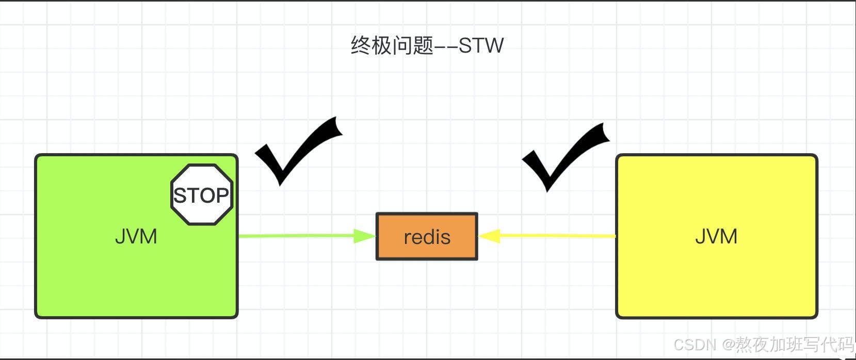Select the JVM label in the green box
coord(136,236)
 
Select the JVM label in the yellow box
coord(716,236)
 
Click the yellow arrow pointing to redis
coord(557,236)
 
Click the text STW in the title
coord(481,45)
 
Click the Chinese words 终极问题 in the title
coord(392,45)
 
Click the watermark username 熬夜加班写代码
coord(795,345)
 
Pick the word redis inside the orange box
coord(427,237)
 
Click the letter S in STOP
coord(180,196)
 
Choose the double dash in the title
coord(446,46)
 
